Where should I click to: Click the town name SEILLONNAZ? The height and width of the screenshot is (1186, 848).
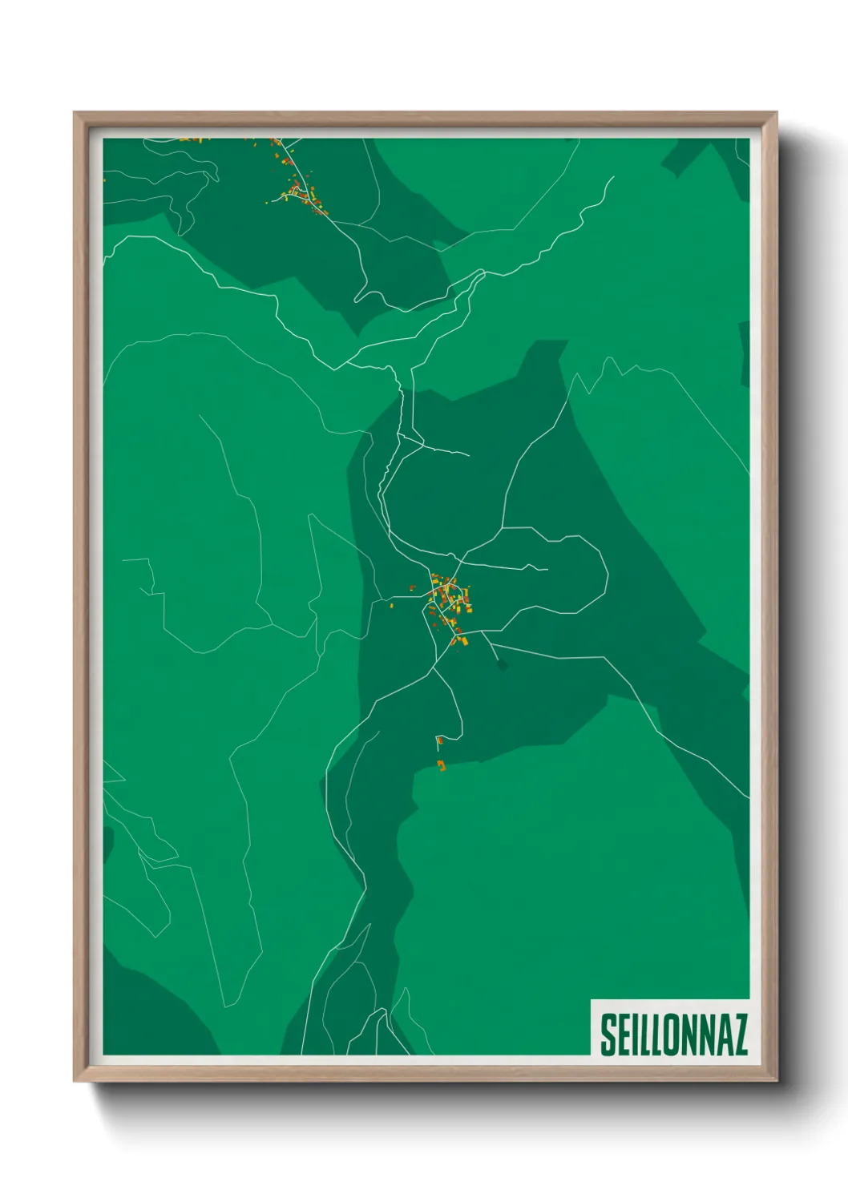673,1035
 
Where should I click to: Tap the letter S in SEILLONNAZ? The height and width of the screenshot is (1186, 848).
609,1035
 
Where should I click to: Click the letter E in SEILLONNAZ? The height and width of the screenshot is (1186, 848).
625,1035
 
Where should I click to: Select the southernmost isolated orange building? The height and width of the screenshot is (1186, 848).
441,766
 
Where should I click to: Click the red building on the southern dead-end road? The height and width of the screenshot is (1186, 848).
439,740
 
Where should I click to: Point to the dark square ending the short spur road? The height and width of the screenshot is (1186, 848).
503,664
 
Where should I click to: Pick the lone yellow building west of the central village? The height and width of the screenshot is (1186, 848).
392,606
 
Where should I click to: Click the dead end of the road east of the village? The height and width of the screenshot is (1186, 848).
547,570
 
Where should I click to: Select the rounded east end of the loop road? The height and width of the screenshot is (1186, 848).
607,574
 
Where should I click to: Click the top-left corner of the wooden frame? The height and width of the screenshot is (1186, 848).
75,113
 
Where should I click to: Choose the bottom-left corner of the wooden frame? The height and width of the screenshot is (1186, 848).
75,1081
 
